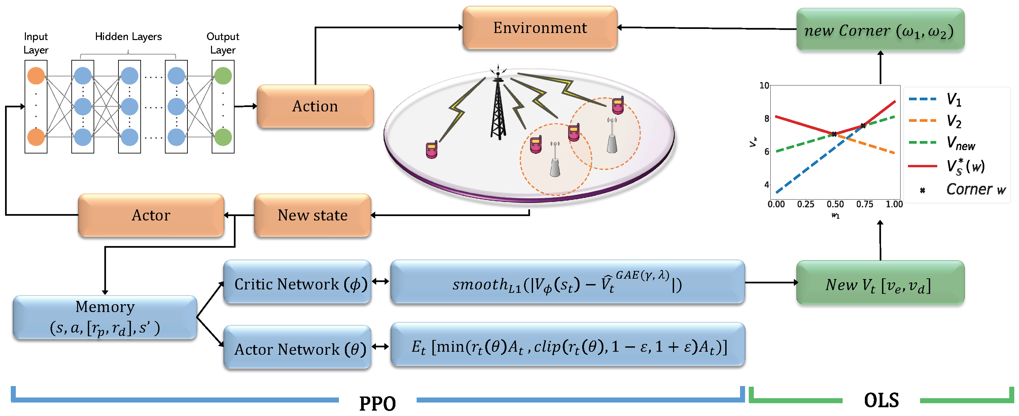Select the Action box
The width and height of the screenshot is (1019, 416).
(x=315, y=106)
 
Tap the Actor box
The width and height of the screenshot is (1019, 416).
(x=151, y=215)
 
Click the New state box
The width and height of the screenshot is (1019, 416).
(x=313, y=215)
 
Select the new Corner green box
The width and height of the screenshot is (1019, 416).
(x=880, y=30)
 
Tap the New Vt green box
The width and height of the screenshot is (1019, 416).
(x=880, y=283)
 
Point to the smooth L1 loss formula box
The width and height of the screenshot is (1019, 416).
(x=567, y=283)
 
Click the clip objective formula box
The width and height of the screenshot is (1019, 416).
(x=567, y=346)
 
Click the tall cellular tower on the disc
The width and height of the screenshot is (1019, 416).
(x=498, y=107)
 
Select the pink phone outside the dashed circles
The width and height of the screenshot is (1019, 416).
(x=431, y=150)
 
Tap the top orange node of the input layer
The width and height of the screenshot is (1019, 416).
(x=36, y=76)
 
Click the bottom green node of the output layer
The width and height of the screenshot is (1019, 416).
(x=223, y=137)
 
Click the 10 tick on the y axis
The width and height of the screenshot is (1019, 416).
(x=764, y=85)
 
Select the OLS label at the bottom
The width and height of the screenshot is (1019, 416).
(x=881, y=401)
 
